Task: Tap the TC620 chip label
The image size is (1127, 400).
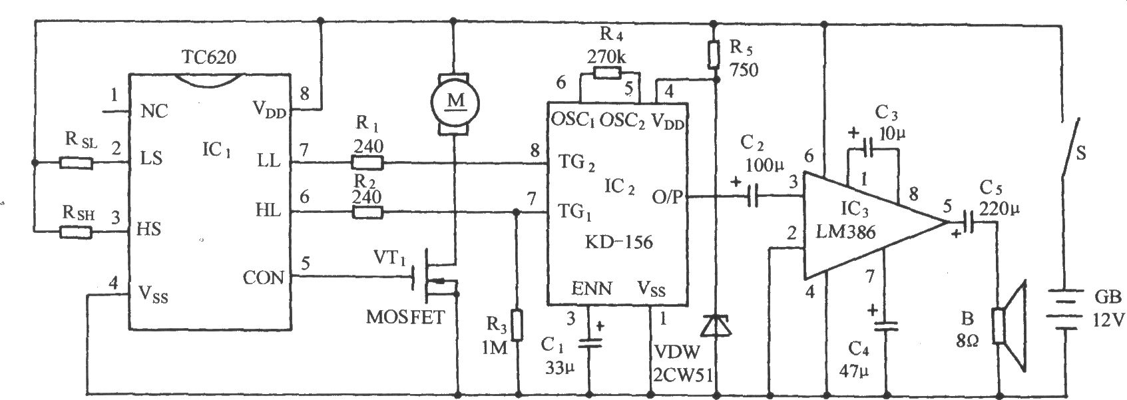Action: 209,57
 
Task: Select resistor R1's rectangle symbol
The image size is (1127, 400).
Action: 367,162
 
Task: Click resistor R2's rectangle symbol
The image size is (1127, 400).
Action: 367,212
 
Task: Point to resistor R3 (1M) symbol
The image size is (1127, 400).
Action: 517,325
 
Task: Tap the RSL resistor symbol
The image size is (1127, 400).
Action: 77,162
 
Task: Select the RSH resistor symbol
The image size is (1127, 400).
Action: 77,232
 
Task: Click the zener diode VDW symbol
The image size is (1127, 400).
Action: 716,325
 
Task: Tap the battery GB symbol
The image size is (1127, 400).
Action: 1064,309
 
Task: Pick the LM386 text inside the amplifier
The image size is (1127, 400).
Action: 846,232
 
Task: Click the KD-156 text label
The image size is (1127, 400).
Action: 619,242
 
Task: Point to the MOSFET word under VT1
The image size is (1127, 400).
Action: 405,317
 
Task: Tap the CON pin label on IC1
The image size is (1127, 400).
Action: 263,278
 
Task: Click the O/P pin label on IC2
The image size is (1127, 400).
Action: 667,196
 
